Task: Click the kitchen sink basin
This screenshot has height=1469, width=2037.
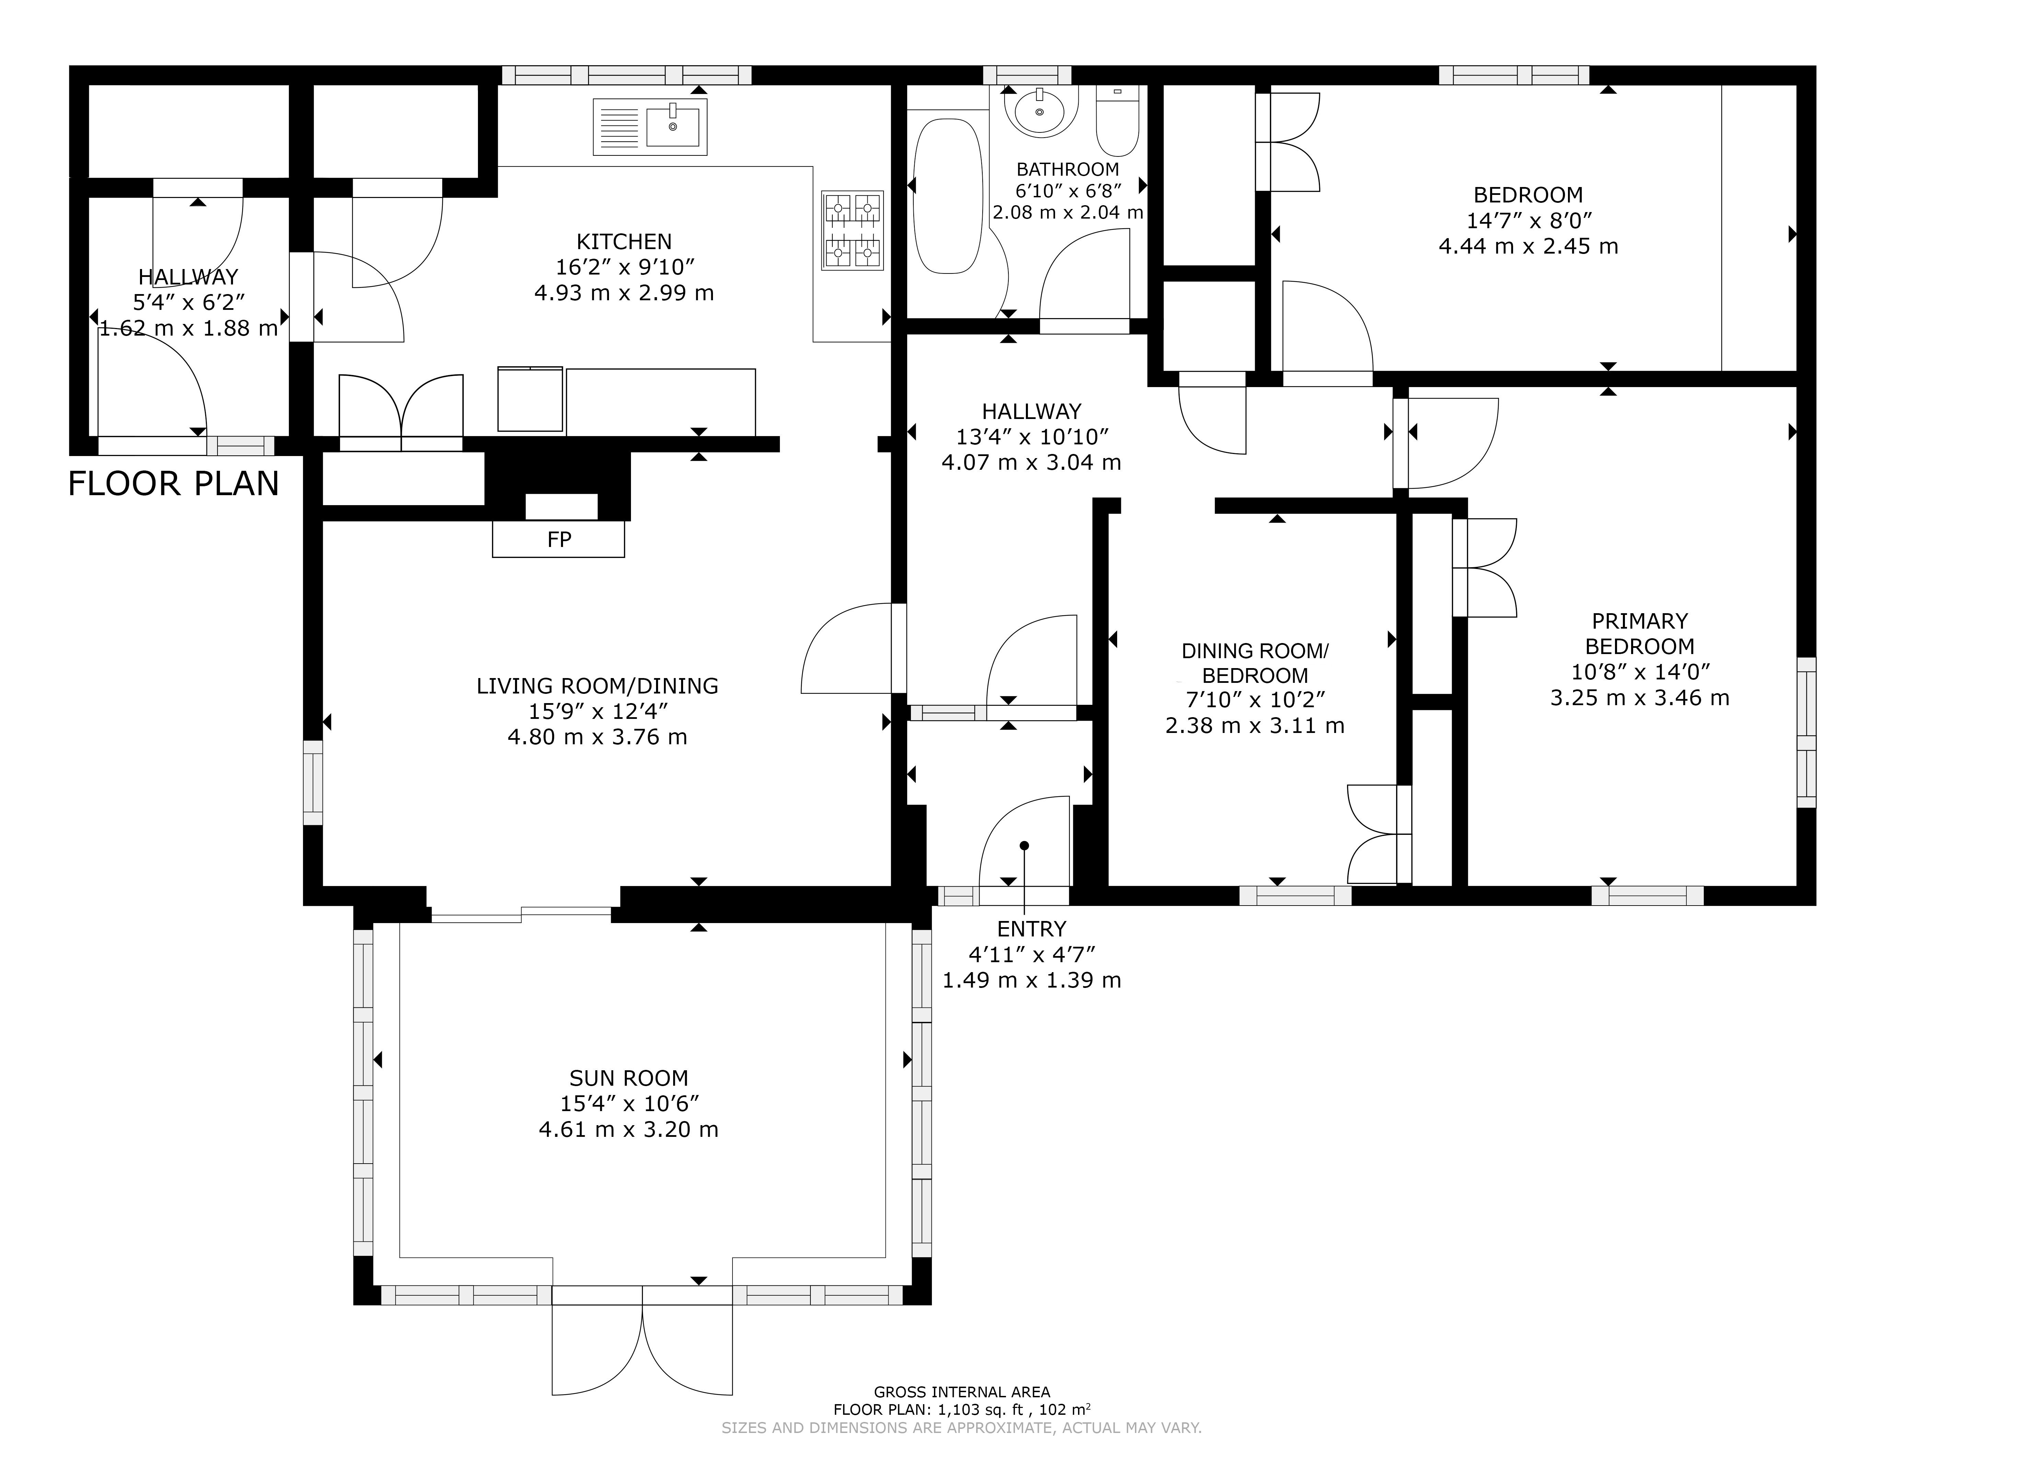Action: click(673, 126)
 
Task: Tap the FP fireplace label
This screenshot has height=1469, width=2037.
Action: click(559, 539)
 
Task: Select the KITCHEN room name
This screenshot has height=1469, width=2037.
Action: click(624, 242)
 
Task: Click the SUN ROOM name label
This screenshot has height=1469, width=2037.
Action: click(629, 1078)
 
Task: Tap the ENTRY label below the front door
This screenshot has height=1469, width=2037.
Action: click(1031, 929)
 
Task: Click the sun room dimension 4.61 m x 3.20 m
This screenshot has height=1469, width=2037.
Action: click(629, 1129)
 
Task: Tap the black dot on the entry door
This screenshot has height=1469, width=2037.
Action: click(1024, 846)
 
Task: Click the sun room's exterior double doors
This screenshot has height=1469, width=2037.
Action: click(642, 1341)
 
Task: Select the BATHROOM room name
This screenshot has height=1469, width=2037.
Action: click(1068, 169)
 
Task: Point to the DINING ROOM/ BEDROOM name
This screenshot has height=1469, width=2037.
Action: click(1255, 663)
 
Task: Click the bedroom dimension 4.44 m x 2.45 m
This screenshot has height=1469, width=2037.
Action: click(1529, 246)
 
